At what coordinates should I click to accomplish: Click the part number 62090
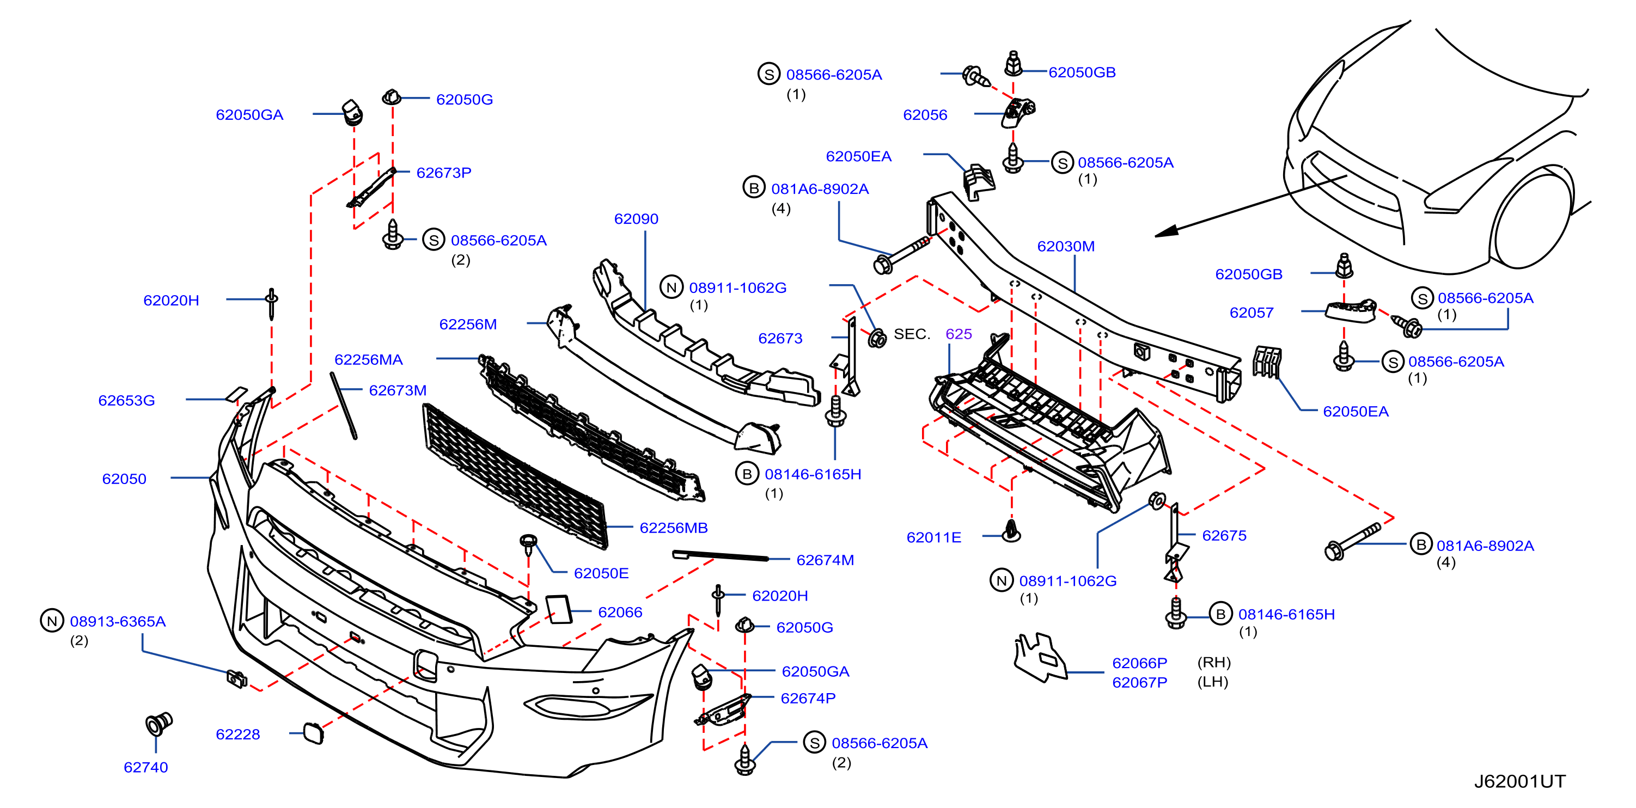(x=636, y=219)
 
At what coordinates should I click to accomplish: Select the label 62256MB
(x=673, y=528)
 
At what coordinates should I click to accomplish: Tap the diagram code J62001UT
(x=1520, y=781)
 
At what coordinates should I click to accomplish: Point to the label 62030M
(x=1066, y=246)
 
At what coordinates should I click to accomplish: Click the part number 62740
(x=145, y=767)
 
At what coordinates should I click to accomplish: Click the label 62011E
(x=933, y=537)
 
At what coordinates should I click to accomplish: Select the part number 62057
(x=1251, y=313)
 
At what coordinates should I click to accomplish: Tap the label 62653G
(x=126, y=401)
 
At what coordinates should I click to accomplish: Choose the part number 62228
(x=237, y=734)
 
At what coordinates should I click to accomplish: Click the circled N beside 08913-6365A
(x=52, y=621)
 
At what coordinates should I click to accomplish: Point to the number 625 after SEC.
(x=959, y=334)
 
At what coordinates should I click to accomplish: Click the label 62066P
(x=1139, y=663)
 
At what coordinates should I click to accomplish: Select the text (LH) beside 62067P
(x=1212, y=682)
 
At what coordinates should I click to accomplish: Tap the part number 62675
(x=1224, y=536)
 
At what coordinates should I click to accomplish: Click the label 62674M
(x=825, y=560)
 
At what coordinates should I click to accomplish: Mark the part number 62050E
(x=601, y=574)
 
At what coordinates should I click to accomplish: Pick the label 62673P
(x=443, y=173)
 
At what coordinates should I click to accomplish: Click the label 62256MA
(x=368, y=360)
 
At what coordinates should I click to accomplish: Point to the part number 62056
(x=925, y=115)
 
